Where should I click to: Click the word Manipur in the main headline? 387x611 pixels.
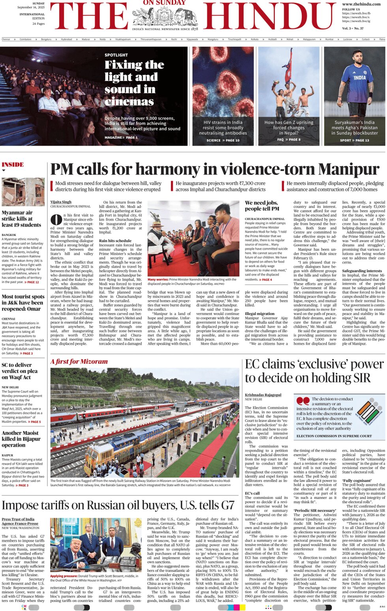pos(349,169)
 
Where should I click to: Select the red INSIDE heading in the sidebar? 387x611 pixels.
pos(13,165)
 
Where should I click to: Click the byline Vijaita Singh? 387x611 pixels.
pos(61,202)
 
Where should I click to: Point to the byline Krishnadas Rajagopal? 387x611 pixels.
pos(263,395)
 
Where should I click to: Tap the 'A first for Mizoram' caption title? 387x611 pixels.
pos(79,362)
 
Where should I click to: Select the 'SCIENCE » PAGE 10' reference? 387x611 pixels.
pos(223,140)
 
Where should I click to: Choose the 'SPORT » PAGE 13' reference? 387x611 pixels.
pos(354,140)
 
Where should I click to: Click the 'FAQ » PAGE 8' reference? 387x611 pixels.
pos(289,139)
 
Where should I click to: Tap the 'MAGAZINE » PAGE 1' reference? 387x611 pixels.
pos(121,137)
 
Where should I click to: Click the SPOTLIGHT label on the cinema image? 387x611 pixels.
pos(116,55)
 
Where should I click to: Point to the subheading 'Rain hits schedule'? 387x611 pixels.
pos(115,240)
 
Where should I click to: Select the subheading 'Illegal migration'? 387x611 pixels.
pos(259,314)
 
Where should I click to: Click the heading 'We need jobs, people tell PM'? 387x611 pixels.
pos(262,206)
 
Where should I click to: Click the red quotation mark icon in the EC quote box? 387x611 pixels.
pos(303,401)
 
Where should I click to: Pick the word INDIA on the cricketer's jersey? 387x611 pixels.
pos(359,78)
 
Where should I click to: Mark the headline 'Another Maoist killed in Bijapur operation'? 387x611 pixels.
pos(21,439)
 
